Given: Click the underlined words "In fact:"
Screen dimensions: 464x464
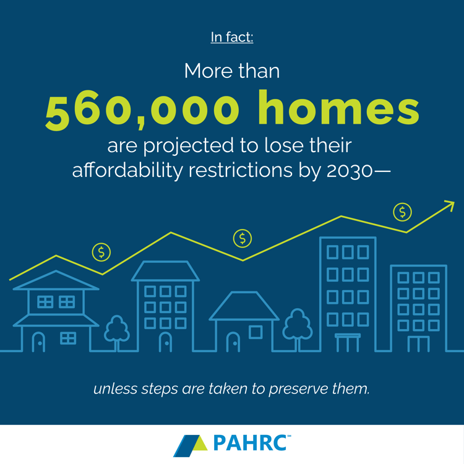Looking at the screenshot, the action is [232, 37].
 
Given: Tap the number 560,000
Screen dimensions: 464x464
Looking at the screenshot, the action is [142, 110].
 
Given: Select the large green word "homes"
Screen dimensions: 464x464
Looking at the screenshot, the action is [339, 108].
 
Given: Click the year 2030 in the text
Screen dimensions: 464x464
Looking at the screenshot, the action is [350, 171].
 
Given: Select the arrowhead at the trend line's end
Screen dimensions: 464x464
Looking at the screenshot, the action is [449, 205].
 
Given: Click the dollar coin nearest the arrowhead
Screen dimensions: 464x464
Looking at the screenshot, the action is [402, 212].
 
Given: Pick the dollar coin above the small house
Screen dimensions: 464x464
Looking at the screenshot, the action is [243, 238].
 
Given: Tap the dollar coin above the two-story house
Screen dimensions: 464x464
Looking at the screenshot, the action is [101, 252].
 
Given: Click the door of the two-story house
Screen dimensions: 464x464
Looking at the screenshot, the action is [38, 342].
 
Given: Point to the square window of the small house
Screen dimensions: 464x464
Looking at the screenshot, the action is [256, 332].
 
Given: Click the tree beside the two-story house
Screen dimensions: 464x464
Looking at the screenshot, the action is [116, 333].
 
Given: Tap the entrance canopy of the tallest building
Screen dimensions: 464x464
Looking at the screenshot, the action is [348, 343].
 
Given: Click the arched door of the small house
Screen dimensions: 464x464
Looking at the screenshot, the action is [233, 342].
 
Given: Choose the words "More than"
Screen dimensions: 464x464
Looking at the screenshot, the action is [232, 71].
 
